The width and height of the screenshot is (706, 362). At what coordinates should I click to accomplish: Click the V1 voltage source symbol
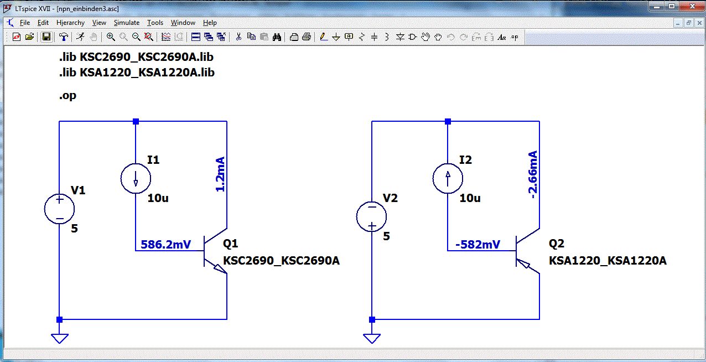pos(59,209)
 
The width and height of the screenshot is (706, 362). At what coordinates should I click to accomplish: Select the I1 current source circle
pos(136,178)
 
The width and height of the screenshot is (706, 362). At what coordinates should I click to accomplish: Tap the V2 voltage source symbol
pos(372,216)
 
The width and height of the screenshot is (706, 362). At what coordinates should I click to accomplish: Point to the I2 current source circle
pos(448,178)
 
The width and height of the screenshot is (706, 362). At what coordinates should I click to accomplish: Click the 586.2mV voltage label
pos(165,244)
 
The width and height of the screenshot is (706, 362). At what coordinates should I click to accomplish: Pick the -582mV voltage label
pos(477,244)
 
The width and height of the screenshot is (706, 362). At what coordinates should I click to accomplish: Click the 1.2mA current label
pos(220,174)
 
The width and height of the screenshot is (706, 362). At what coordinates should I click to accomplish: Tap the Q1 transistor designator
pos(230,244)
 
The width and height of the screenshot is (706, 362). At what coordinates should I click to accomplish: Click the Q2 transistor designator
pos(556,244)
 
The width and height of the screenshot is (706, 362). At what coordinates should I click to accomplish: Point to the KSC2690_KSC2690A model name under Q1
pos(281,261)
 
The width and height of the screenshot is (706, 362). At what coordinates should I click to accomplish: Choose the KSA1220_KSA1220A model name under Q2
pos(608,261)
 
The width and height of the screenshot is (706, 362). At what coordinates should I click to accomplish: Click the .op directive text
pos(68,95)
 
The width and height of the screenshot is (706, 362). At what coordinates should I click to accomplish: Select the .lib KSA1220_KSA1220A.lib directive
pos(137,73)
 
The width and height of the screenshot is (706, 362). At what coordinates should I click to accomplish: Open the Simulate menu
pos(127,23)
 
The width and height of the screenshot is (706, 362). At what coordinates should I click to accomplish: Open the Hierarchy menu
pos(70,23)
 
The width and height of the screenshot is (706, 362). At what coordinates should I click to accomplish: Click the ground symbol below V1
pos(59,338)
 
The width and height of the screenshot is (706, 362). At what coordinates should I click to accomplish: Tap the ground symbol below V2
pos(372,338)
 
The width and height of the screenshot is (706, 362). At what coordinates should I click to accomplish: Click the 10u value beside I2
pos(470,198)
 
